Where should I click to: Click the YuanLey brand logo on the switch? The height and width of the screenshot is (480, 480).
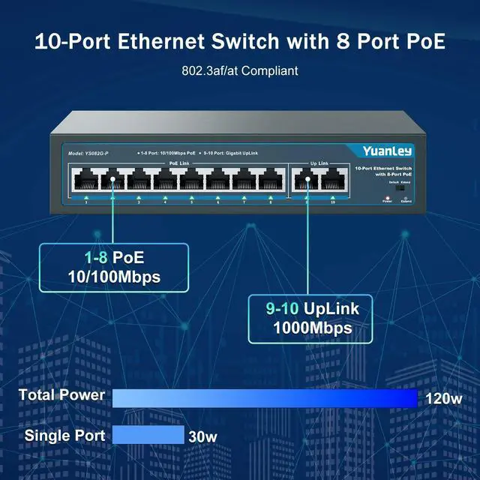pos(387,151)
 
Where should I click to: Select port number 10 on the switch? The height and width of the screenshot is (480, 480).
pos(332,180)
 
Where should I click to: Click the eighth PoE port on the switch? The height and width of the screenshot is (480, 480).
pos(270,180)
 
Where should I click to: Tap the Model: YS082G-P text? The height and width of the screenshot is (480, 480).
pos(88,153)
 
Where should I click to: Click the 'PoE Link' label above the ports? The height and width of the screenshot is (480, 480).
pos(178,162)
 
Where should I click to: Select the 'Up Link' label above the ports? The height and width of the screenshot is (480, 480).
pos(319,162)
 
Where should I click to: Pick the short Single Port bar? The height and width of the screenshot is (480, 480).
pos(148,435)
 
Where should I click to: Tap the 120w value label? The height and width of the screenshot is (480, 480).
pos(444,399)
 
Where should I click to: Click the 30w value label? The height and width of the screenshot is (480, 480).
pos(202,436)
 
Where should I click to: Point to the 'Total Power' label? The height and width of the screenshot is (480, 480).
pos(61,395)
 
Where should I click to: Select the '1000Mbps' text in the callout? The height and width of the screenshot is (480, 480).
pos(312,328)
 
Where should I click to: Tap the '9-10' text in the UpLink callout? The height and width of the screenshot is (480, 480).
pos(282,308)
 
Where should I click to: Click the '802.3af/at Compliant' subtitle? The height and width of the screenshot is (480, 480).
pos(240,71)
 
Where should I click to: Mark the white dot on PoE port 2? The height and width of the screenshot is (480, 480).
pos(112,180)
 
